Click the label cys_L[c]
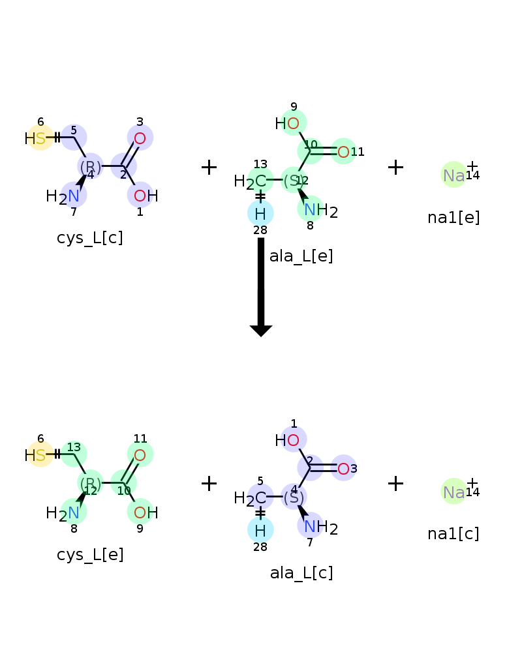click(90, 238)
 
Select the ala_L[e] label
click(301, 256)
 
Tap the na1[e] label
click(453, 218)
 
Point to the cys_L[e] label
click(90, 555)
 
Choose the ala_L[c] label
click(301, 573)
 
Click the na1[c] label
click(453, 534)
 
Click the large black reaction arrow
click(261, 287)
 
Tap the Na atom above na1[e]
click(453, 175)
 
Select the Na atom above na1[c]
click(453, 492)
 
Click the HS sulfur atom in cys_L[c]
click(40, 138)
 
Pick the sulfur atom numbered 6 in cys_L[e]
click(40, 455)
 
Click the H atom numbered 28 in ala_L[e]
click(260, 214)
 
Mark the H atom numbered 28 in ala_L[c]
click(260, 531)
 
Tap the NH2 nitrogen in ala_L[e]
click(310, 210)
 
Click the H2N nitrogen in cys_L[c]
click(74, 196)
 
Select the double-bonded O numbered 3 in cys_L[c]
click(140, 138)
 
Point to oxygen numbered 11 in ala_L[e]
click(343, 152)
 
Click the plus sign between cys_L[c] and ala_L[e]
click(209, 167)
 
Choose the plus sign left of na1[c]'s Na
click(395, 484)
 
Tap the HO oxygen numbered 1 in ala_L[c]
click(293, 440)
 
